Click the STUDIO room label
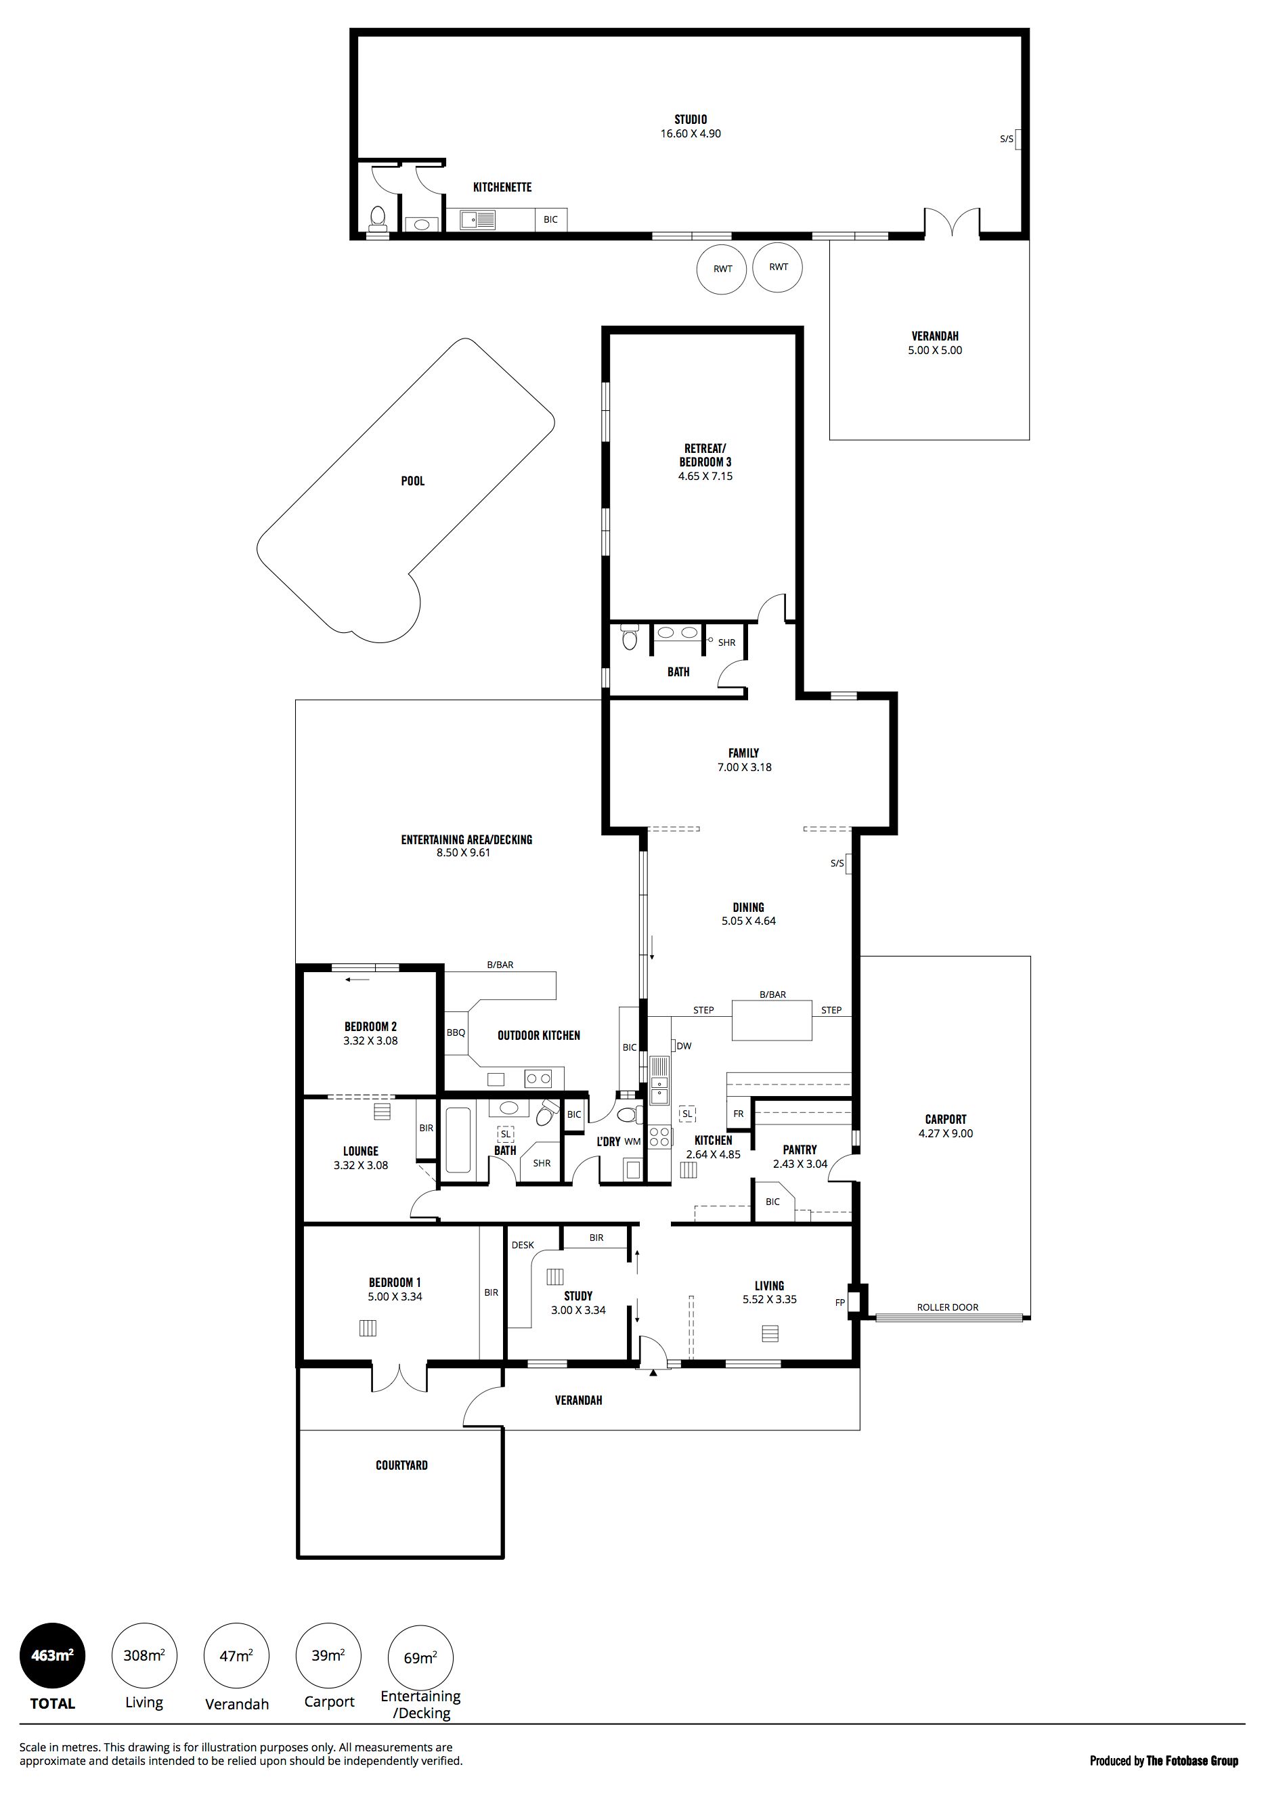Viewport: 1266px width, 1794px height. tap(691, 120)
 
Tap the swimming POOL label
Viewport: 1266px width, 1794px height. tap(412, 481)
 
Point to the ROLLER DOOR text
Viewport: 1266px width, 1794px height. tap(948, 1307)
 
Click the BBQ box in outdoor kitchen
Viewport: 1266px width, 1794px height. tap(456, 1032)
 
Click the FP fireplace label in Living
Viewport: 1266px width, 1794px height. tap(840, 1303)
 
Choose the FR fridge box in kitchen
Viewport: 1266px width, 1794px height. tap(739, 1114)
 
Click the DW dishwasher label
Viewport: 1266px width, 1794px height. tap(684, 1046)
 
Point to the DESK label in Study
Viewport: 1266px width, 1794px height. tap(523, 1245)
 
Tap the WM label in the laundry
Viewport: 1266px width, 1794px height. tap(632, 1141)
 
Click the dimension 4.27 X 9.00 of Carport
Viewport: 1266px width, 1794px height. tap(946, 1134)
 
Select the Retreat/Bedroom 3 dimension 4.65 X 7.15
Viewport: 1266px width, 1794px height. tap(705, 476)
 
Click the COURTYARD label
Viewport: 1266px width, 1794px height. tap(401, 1465)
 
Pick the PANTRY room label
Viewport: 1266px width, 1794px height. tap(800, 1150)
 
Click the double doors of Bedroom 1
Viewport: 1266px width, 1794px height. tap(399, 1388)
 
